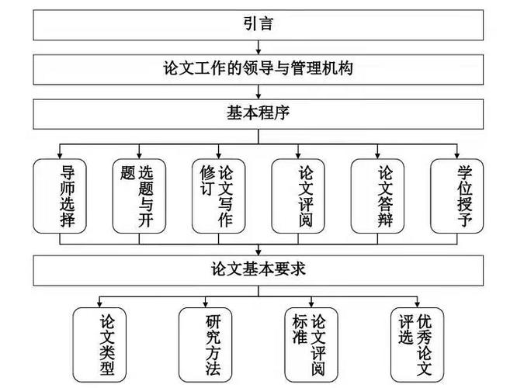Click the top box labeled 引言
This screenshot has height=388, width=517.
[258, 23]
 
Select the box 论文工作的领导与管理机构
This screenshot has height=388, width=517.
[258, 68]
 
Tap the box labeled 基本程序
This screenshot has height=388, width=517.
[258, 113]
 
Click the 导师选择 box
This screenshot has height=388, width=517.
[60, 196]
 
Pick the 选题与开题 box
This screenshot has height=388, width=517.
[139, 196]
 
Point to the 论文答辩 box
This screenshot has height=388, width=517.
[377, 196]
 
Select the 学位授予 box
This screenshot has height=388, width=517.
[456, 196]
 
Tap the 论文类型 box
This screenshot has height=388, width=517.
[99, 344]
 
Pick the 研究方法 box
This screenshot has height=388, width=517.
[205, 344]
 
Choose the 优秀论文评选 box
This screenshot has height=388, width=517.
[417, 344]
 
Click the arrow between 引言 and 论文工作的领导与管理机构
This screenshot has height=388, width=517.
[258, 48]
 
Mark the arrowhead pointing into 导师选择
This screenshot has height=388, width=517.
[60, 154]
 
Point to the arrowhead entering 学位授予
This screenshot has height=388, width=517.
[456, 154]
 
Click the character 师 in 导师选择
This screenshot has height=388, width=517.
[67, 187]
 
